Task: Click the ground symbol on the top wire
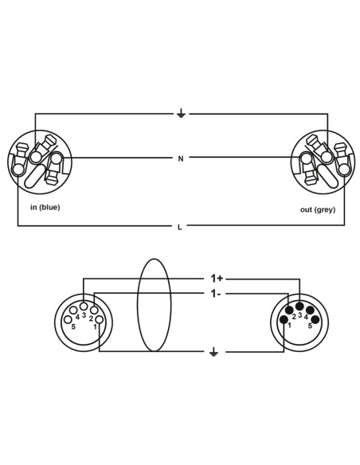pyautogui.click(x=181, y=113)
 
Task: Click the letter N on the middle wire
pyautogui.click(x=181, y=159)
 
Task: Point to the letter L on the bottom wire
pyautogui.click(x=180, y=227)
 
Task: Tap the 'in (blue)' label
pyautogui.click(x=45, y=207)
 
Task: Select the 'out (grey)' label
pyautogui.click(x=318, y=209)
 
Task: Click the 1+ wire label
pyautogui.click(x=217, y=278)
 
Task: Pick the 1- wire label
pyautogui.click(x=215, y=294)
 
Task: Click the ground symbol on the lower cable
pyautogui.click(x=213, y=352)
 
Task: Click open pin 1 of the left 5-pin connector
pyautogui.click(x=100, y=320)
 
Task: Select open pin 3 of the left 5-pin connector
pyautogui.click(x=84, y=306)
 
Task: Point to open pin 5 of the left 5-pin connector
pyautogui.click(x=68, y=320)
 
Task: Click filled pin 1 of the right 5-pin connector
pyautogui.click(x=284, y=319)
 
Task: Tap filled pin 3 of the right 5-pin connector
pyautogui.click(x=299, y=306)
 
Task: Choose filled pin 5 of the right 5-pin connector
pyautogui.click(x=315, y=319)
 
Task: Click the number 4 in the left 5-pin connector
pyautogui.click(x=77, y=318)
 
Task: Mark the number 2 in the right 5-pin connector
pyautogui.click(x=294, y=317)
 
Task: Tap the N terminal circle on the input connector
pyautogui.click(x=56, y=158)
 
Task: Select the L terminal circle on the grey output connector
pyautogui.click(x=344, y=170)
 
